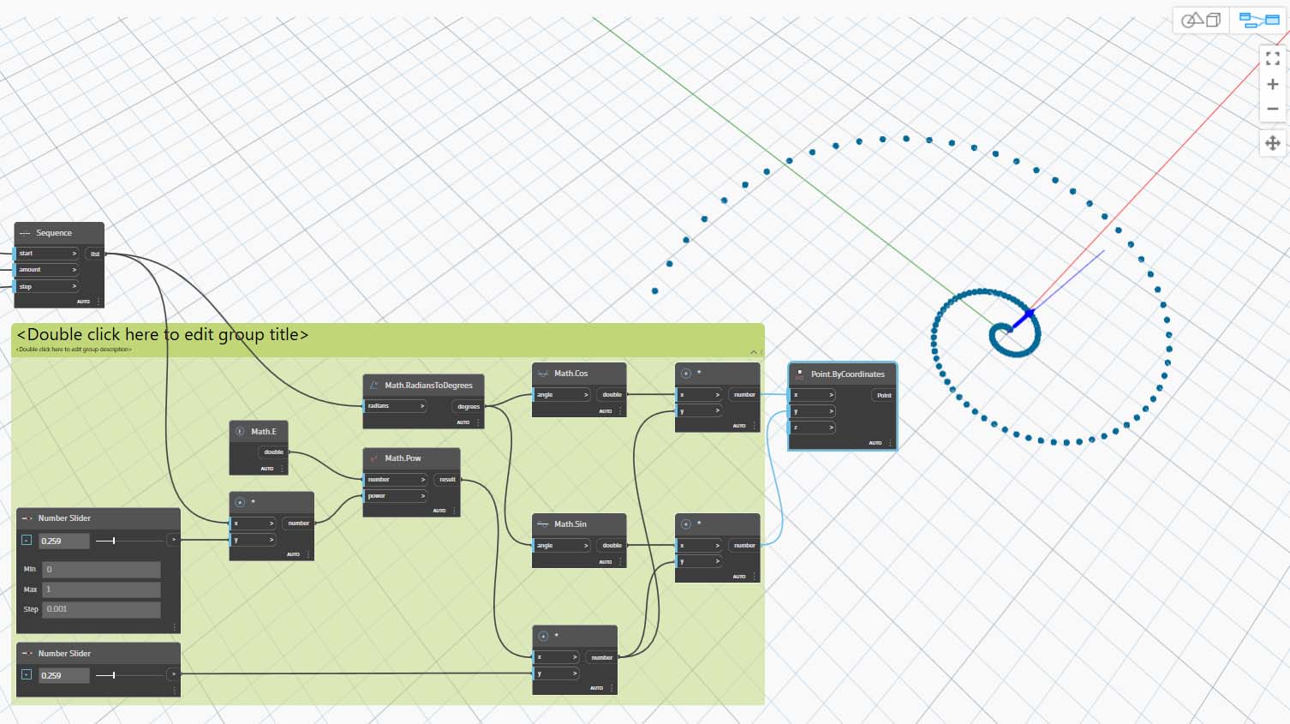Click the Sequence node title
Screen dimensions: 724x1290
pos(54,233)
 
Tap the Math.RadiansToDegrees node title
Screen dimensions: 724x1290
pos(428,386)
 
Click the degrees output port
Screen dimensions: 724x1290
pos(468,407)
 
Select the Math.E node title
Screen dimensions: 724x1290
pos(264,432)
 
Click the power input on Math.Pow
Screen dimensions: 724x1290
pos(395,496)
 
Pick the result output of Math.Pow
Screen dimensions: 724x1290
pos(447,480)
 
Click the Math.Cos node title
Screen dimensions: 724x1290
pos(570,374)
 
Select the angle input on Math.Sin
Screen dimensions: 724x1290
pos(561,546)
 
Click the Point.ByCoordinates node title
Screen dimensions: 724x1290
pos(847,374)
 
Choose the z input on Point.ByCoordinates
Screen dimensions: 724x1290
pos(812,428)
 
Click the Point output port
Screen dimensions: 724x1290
pos(884,395)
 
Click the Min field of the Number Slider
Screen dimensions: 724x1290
pos(101,570)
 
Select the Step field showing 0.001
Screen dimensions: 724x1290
pos(101,609)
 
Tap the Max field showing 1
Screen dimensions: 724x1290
pos(101,589)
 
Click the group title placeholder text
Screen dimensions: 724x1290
pos(163,335)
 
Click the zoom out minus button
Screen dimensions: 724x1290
pos(1272,109)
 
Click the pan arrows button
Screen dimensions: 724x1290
pos(1272,143)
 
